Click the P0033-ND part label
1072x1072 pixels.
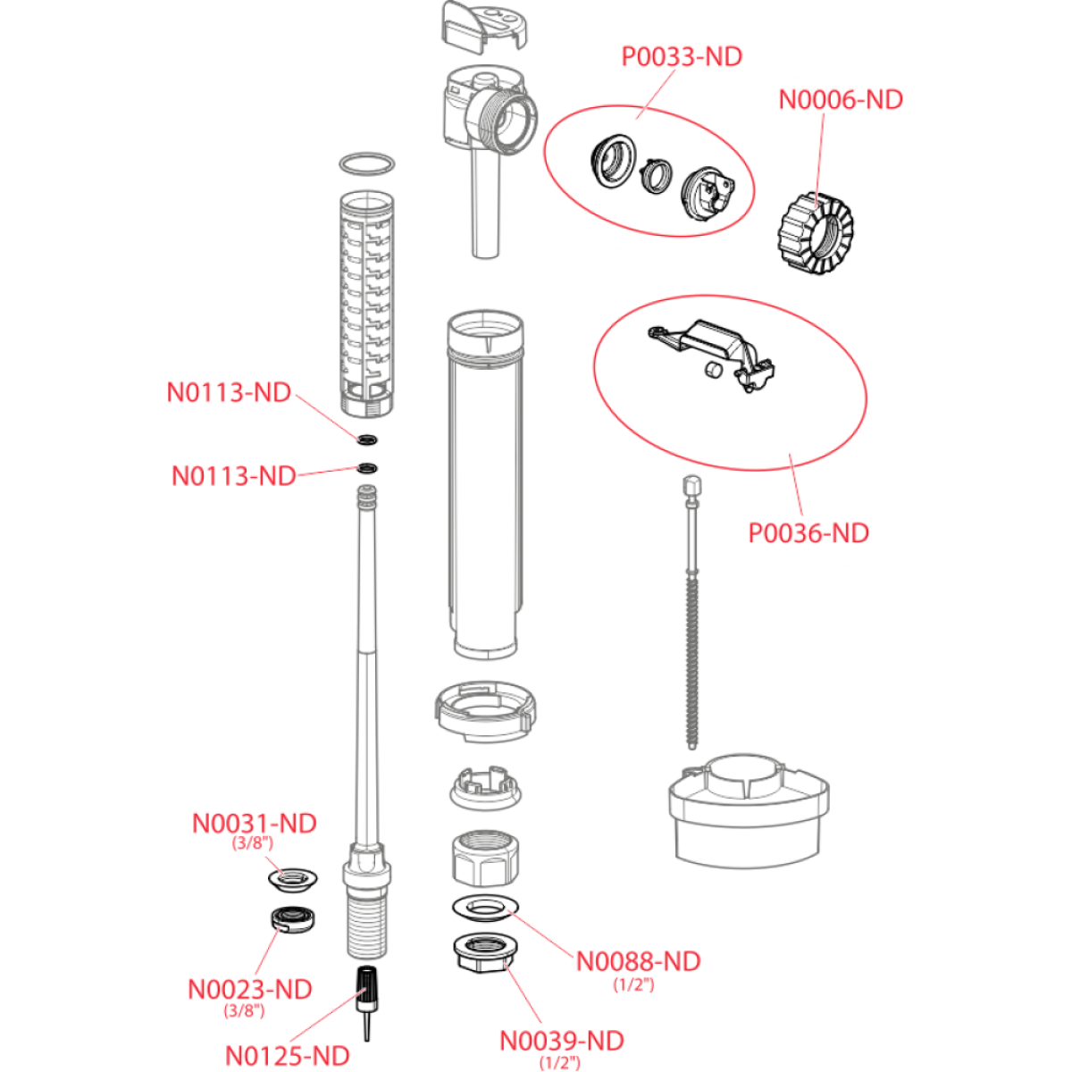coord(682,57)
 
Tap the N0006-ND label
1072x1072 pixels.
coord(841,99)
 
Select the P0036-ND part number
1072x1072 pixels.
coord(808,533)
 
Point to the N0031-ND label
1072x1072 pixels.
coord(255,823)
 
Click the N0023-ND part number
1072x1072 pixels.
coord(250,990)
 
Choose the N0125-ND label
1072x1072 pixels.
coord(288,1056)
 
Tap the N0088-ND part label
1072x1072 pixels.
coord(638,962)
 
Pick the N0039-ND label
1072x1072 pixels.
coord(561,1042)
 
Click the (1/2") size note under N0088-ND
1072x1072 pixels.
coord(633,985)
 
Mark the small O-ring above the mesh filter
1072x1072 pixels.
coord(367,164)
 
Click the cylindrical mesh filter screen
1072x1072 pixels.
coord(367,304)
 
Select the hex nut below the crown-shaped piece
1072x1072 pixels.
coord(483,859)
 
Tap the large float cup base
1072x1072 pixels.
coord(749,813)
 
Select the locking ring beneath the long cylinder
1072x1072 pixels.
coord(486,710)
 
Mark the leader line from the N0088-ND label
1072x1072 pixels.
coord(540,934)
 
